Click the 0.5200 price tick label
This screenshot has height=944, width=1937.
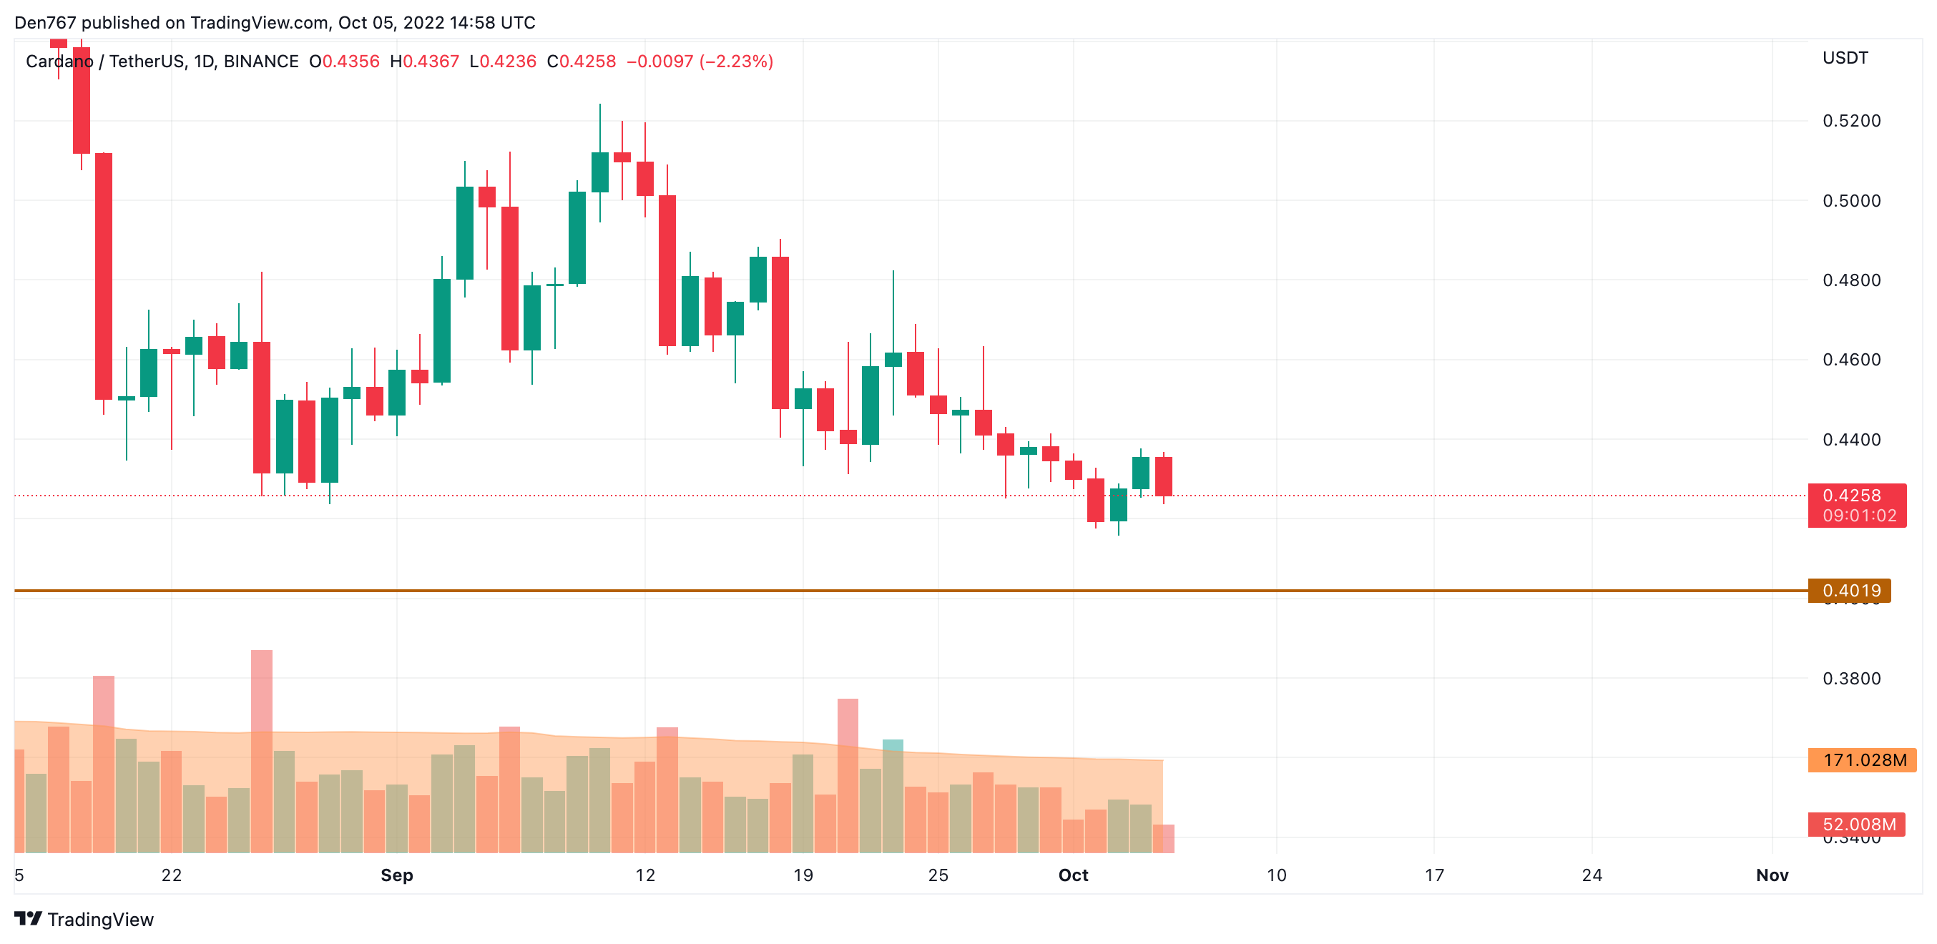1850,121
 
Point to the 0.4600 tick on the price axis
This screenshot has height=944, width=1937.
1850,360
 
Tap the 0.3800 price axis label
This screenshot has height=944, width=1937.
1850,679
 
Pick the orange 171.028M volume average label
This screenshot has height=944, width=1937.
1863,760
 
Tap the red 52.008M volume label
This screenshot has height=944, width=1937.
1858,825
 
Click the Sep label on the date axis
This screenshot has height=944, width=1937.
396,875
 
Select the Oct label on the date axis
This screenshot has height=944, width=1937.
1072,875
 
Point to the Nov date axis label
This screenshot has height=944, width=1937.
1772,875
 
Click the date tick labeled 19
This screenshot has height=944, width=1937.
803,875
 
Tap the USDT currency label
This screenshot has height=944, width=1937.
1845,58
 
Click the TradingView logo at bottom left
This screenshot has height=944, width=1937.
84,919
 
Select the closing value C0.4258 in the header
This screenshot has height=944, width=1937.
582,62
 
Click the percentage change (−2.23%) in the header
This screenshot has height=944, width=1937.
736,62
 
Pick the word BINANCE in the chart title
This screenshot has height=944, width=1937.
261,62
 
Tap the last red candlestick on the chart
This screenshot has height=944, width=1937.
1163,476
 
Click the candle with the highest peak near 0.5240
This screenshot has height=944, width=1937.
599,172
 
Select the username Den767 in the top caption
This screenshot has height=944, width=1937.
45,23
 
